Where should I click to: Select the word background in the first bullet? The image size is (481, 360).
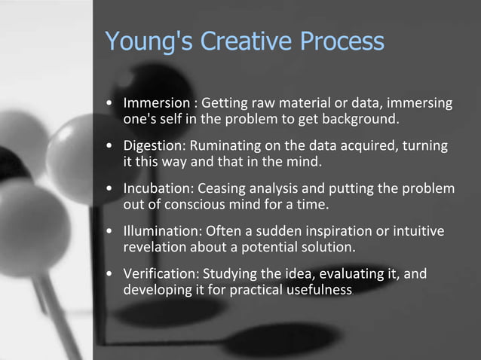366,119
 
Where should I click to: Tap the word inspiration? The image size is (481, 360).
342,231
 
